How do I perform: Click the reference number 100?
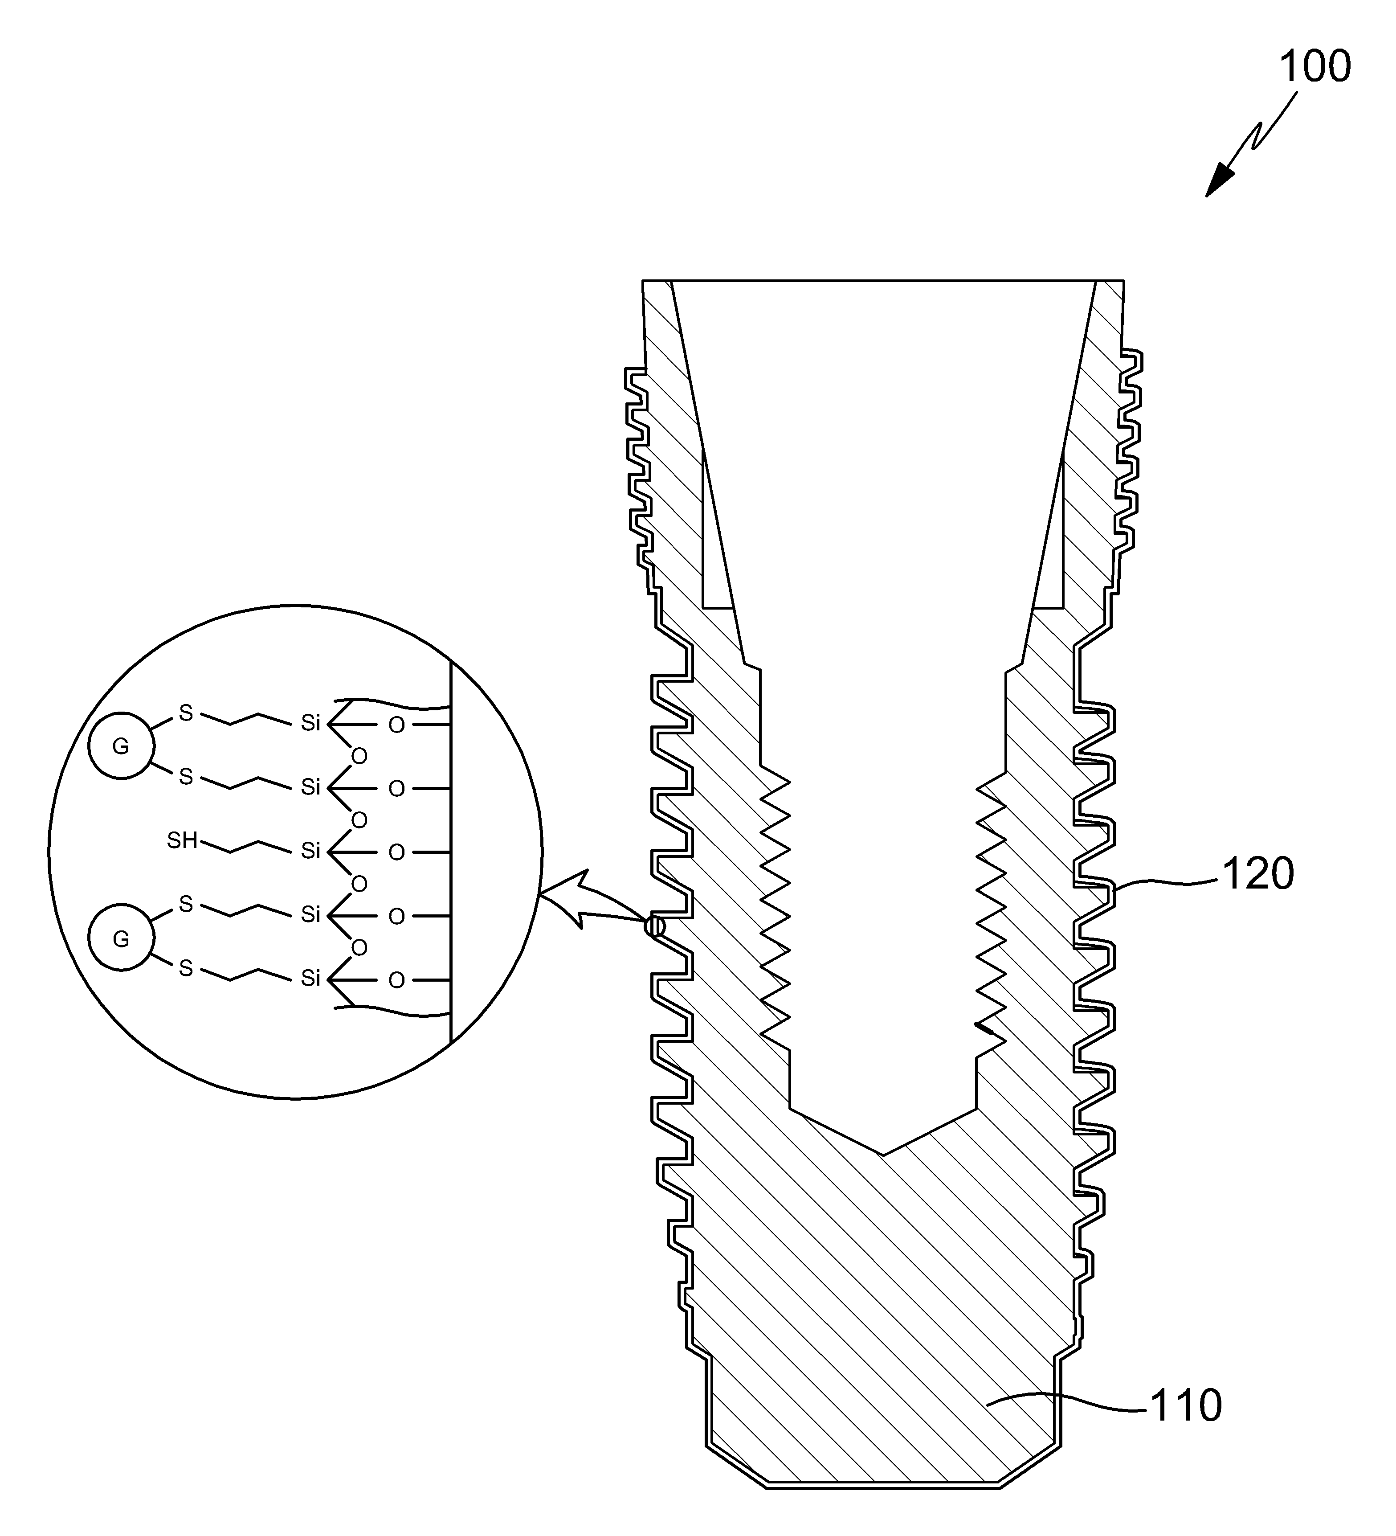click(1314, 67)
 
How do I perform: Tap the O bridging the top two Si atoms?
click(359, 757)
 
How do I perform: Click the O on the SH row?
click(397, 852)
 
